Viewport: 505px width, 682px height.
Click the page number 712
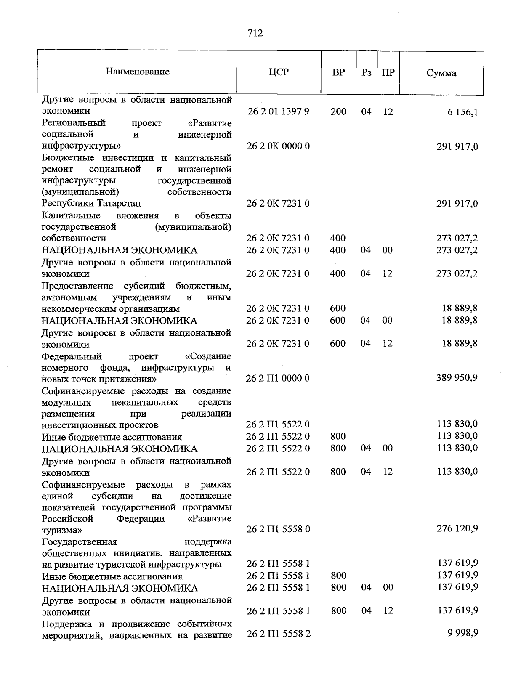click(x=255, y=33)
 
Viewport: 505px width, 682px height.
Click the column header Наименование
click(x=138, y=72)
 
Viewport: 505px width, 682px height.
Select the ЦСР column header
click(x=279, y=72)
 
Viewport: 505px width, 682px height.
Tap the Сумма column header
click(x=441, y=73)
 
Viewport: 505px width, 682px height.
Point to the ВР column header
click(x=338, y=72)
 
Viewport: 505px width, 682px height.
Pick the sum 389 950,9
click(x=457, y=378)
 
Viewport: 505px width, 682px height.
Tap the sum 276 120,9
click(x=457, y=528)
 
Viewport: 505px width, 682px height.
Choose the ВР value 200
click(x=338, y=111)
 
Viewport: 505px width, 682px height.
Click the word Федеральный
click(x=72, y=357)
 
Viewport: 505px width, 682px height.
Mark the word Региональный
click(x=74, y=123)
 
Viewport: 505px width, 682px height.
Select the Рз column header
click(x=367, y=72)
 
